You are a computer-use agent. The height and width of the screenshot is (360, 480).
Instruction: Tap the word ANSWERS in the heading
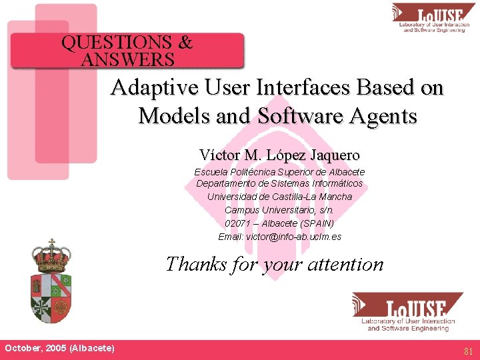pos(127,60)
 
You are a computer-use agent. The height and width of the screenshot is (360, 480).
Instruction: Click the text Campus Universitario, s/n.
pos(279,210)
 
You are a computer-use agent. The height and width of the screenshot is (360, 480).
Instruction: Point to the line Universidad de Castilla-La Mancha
pos(279,197)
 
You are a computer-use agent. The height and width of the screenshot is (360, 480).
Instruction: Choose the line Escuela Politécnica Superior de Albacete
pos(279,171)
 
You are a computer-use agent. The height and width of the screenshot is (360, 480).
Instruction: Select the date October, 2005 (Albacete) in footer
pos(59,348)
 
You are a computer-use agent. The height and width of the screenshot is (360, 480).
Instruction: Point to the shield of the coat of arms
pos(51,297)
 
